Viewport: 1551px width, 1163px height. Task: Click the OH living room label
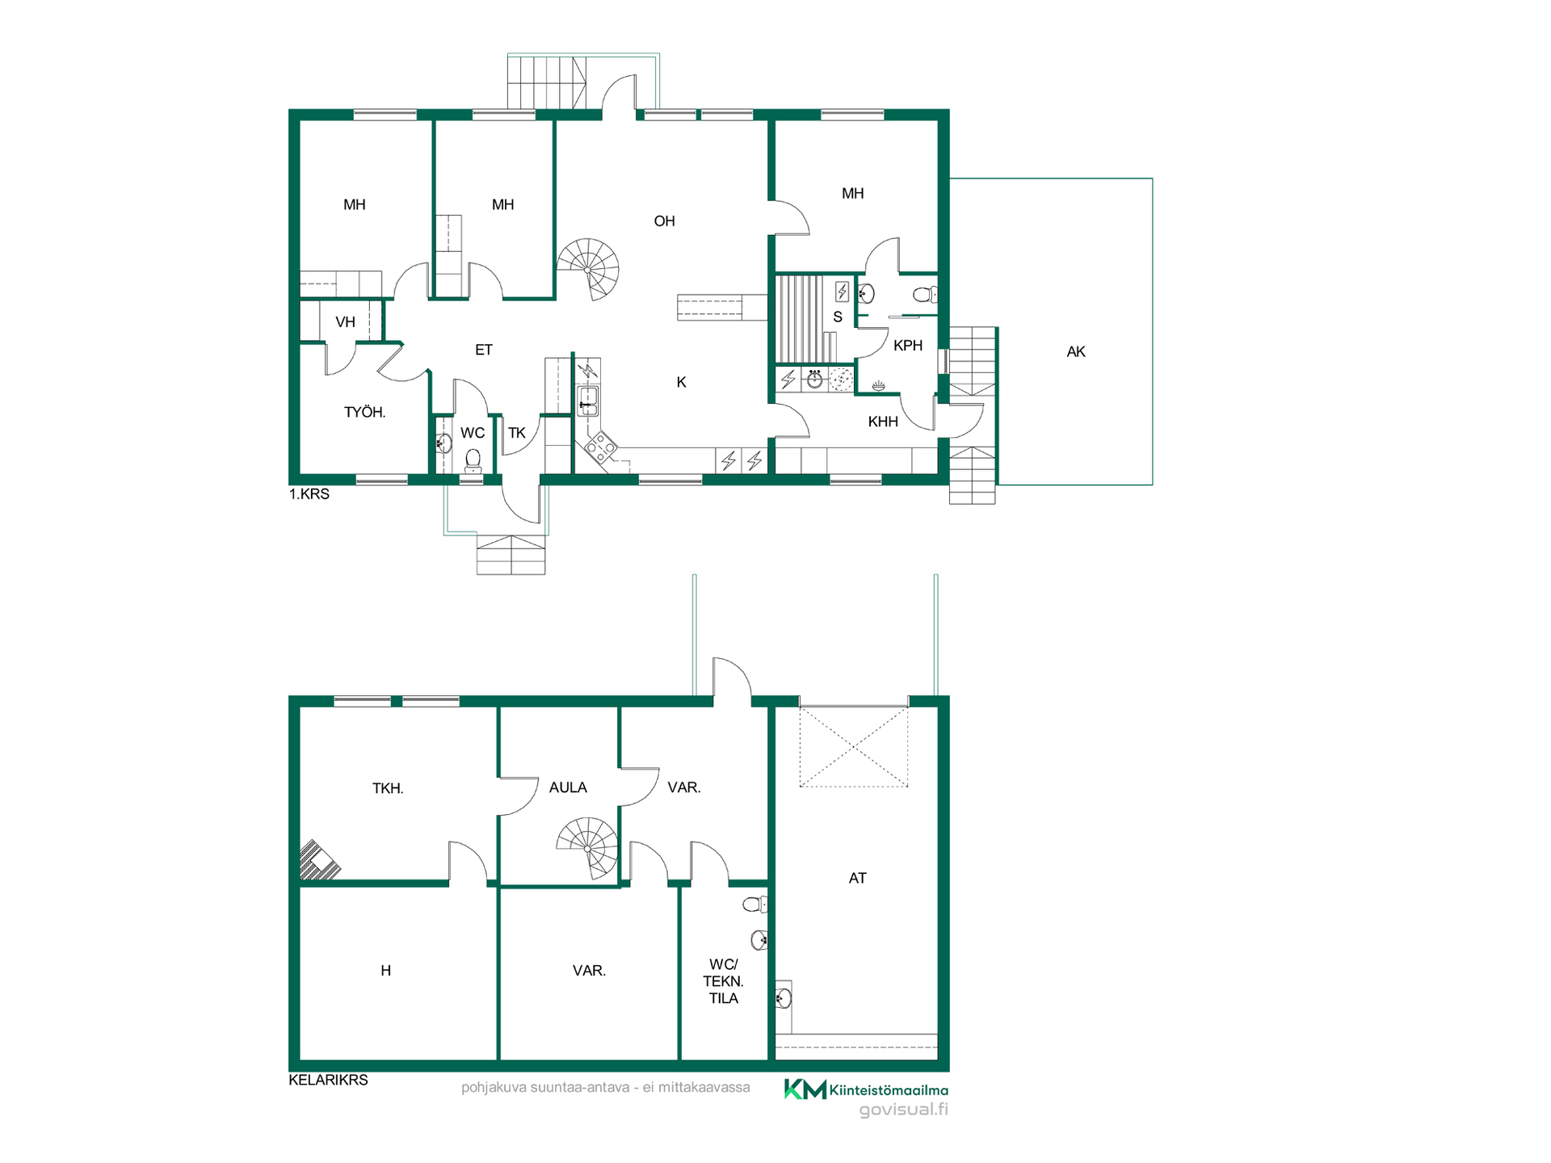(664, 221)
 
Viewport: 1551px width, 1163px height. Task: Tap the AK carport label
(1076, 351)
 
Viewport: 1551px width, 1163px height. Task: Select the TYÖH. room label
(365, 412)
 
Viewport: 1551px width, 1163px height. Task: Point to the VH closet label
(345, 322)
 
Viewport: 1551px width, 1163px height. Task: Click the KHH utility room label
(883, 422)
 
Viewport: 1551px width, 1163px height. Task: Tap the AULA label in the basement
(568, 787)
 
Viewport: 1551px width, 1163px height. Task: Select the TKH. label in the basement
(388, 788)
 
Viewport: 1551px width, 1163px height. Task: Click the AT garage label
(858, 878)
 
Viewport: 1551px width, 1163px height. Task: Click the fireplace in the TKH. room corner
(318, 860)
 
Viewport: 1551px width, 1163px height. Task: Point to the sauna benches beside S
(801, 319)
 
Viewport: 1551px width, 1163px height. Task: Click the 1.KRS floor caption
(309, 494)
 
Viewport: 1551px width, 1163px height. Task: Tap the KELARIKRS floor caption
(328, 1080)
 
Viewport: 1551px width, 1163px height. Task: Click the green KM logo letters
(805, 1090)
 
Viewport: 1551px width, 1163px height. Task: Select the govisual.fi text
(903, 1110)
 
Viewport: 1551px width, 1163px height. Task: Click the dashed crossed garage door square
(854, 747)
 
